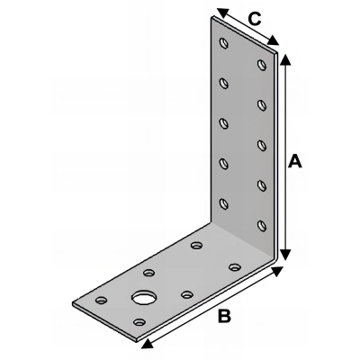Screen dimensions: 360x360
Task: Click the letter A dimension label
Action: [293, 162]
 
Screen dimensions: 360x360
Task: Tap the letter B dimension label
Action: [224, 316]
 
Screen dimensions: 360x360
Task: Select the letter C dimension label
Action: [254, 17]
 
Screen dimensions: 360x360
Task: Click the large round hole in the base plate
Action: [142, 297]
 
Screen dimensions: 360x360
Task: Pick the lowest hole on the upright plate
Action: [261, 225]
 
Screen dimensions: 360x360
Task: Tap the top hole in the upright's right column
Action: [262, 64]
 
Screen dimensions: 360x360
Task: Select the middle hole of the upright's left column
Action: [223, 122]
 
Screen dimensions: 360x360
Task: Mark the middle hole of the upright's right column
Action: [261, 144]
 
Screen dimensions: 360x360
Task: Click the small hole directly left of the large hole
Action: [102, 300]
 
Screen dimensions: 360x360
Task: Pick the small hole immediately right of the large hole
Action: [186, 292]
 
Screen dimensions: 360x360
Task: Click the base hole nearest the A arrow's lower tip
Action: [234, 266]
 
